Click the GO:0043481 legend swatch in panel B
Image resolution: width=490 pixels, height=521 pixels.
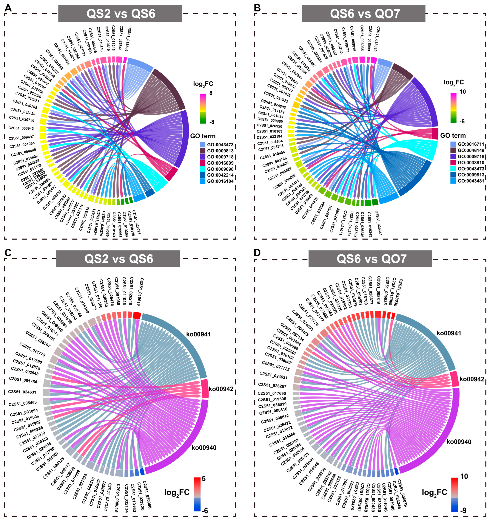pyautogui.click(x=453, y=181)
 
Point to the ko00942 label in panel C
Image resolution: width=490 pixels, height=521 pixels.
pyautogui.click(x=221, y=389)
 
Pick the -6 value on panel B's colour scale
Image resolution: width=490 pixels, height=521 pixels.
pyautogui.click(x=462, y=121)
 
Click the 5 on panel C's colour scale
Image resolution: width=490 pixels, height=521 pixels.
pyautogui.click(x=204, y=479)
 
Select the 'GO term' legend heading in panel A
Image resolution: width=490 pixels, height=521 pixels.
pyautogui.click(x=203, y=136)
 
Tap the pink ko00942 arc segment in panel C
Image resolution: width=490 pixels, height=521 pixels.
pyautogui.click(x=205, y=389)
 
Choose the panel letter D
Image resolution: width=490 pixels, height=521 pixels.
pyautogui.click(x=257, y=253)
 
